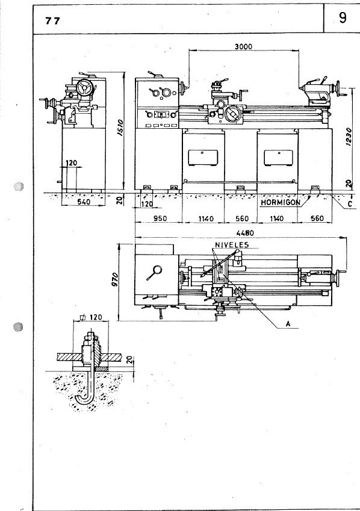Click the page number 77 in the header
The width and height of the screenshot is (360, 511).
point(52,21)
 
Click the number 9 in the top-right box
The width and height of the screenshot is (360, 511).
point(343,18)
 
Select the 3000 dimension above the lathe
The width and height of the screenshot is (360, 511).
point(244,46)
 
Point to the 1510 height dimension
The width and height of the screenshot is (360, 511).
point(120,128)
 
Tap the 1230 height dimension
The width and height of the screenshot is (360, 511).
point(349,137)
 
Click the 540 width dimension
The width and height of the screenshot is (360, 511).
point(84,202)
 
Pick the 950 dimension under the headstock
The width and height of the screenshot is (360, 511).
point(160,218)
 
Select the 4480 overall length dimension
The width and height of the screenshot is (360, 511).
point(245,233)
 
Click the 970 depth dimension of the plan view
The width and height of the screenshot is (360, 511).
point(114,280)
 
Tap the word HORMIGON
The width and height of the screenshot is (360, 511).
point(281,202)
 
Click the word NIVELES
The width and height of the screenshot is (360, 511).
point(232,245)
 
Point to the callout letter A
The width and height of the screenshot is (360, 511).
point(288,324)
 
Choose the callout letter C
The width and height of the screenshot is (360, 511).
point(350,204)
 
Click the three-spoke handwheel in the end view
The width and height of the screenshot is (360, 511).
point(85,87)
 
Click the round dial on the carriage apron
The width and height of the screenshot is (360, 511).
point(233,114)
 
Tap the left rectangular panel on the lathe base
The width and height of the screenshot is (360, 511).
point(203,158)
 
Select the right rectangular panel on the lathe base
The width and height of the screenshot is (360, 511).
point(278,158)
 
